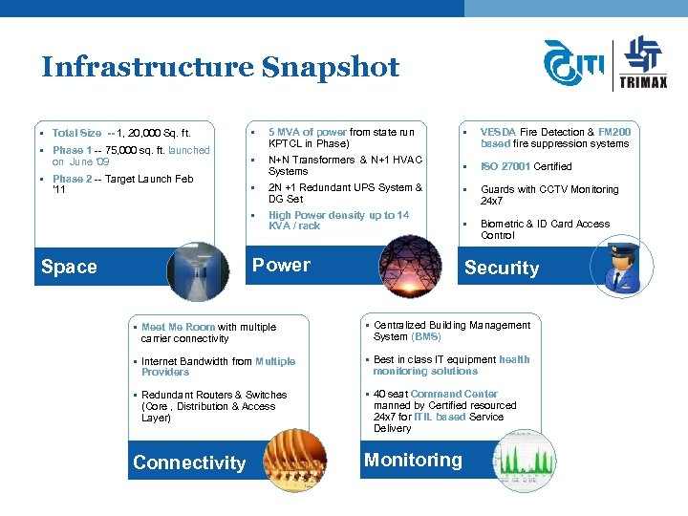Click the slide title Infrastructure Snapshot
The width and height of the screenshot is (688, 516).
pyautogui.click(x=220, y=67)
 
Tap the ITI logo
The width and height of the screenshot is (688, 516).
pyautogui.click(x=573, y=64)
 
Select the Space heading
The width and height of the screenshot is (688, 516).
pyautogui.click(x=69, y=267)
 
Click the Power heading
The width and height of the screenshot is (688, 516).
pyautogui.click(x=281, y=265)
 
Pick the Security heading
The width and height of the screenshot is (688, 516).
pyautogui.click(x=501, y=269)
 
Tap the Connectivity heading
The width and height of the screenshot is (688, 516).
pyautogui.click(x=189, y=462)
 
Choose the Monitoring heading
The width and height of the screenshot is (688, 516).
pyautogui.click(x=413, y=460)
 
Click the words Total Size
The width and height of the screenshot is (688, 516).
pyautogui.click(x=76, y=133)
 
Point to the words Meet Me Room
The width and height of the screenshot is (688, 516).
pyautogui.click(x=178, y=327)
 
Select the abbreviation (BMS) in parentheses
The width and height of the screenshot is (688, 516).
pyautogui.click(x=425, y=336)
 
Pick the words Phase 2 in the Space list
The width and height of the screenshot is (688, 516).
pyautogui.click(x=72, y=179)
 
